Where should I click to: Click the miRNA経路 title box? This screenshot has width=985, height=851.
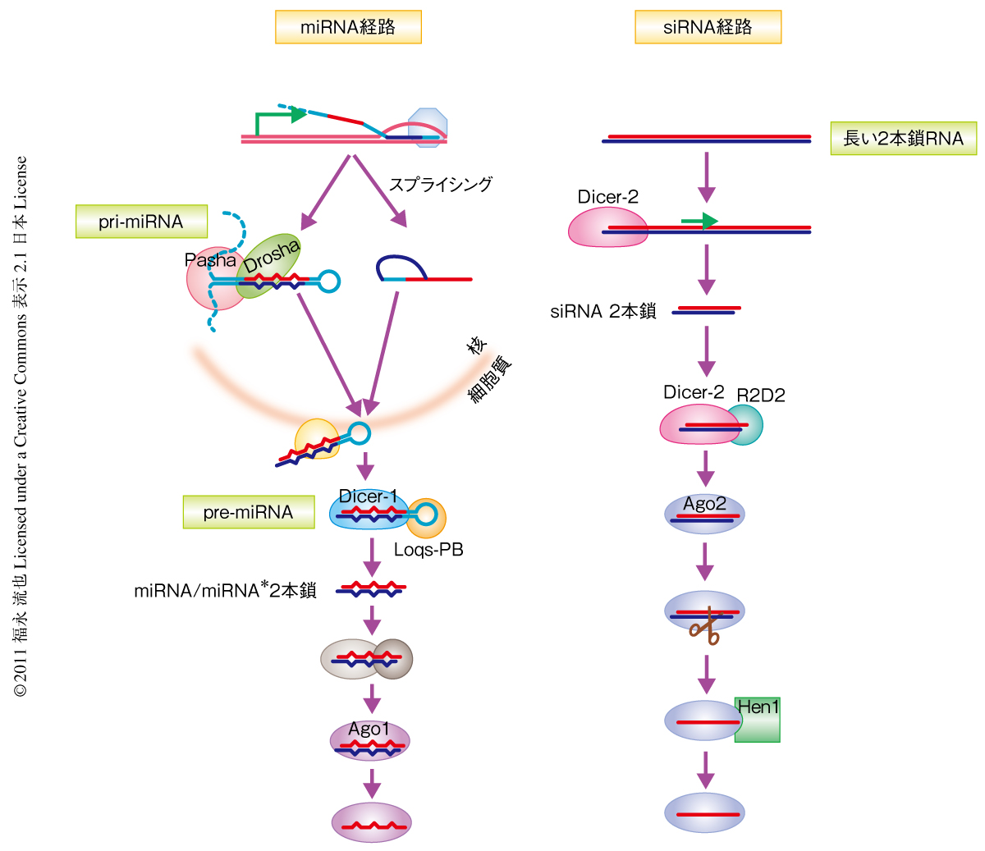348,27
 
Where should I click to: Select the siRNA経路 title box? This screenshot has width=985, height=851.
708,27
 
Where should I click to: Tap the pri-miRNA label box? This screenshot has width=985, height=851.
141,222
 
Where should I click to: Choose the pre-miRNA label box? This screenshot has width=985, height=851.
248,512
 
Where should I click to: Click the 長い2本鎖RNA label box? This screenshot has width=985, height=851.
903,139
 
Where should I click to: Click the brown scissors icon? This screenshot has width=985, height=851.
704,632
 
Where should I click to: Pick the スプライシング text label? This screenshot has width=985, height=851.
441,185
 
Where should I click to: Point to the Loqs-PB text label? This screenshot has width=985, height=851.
428,550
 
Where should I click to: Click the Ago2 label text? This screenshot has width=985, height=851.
704,504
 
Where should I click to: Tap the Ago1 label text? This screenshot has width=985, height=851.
369,729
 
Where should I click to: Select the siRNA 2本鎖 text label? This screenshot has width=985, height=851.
603,312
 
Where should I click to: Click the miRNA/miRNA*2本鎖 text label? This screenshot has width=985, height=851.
225,590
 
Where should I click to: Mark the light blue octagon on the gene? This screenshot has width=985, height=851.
428,127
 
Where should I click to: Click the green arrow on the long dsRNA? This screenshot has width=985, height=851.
699,221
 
